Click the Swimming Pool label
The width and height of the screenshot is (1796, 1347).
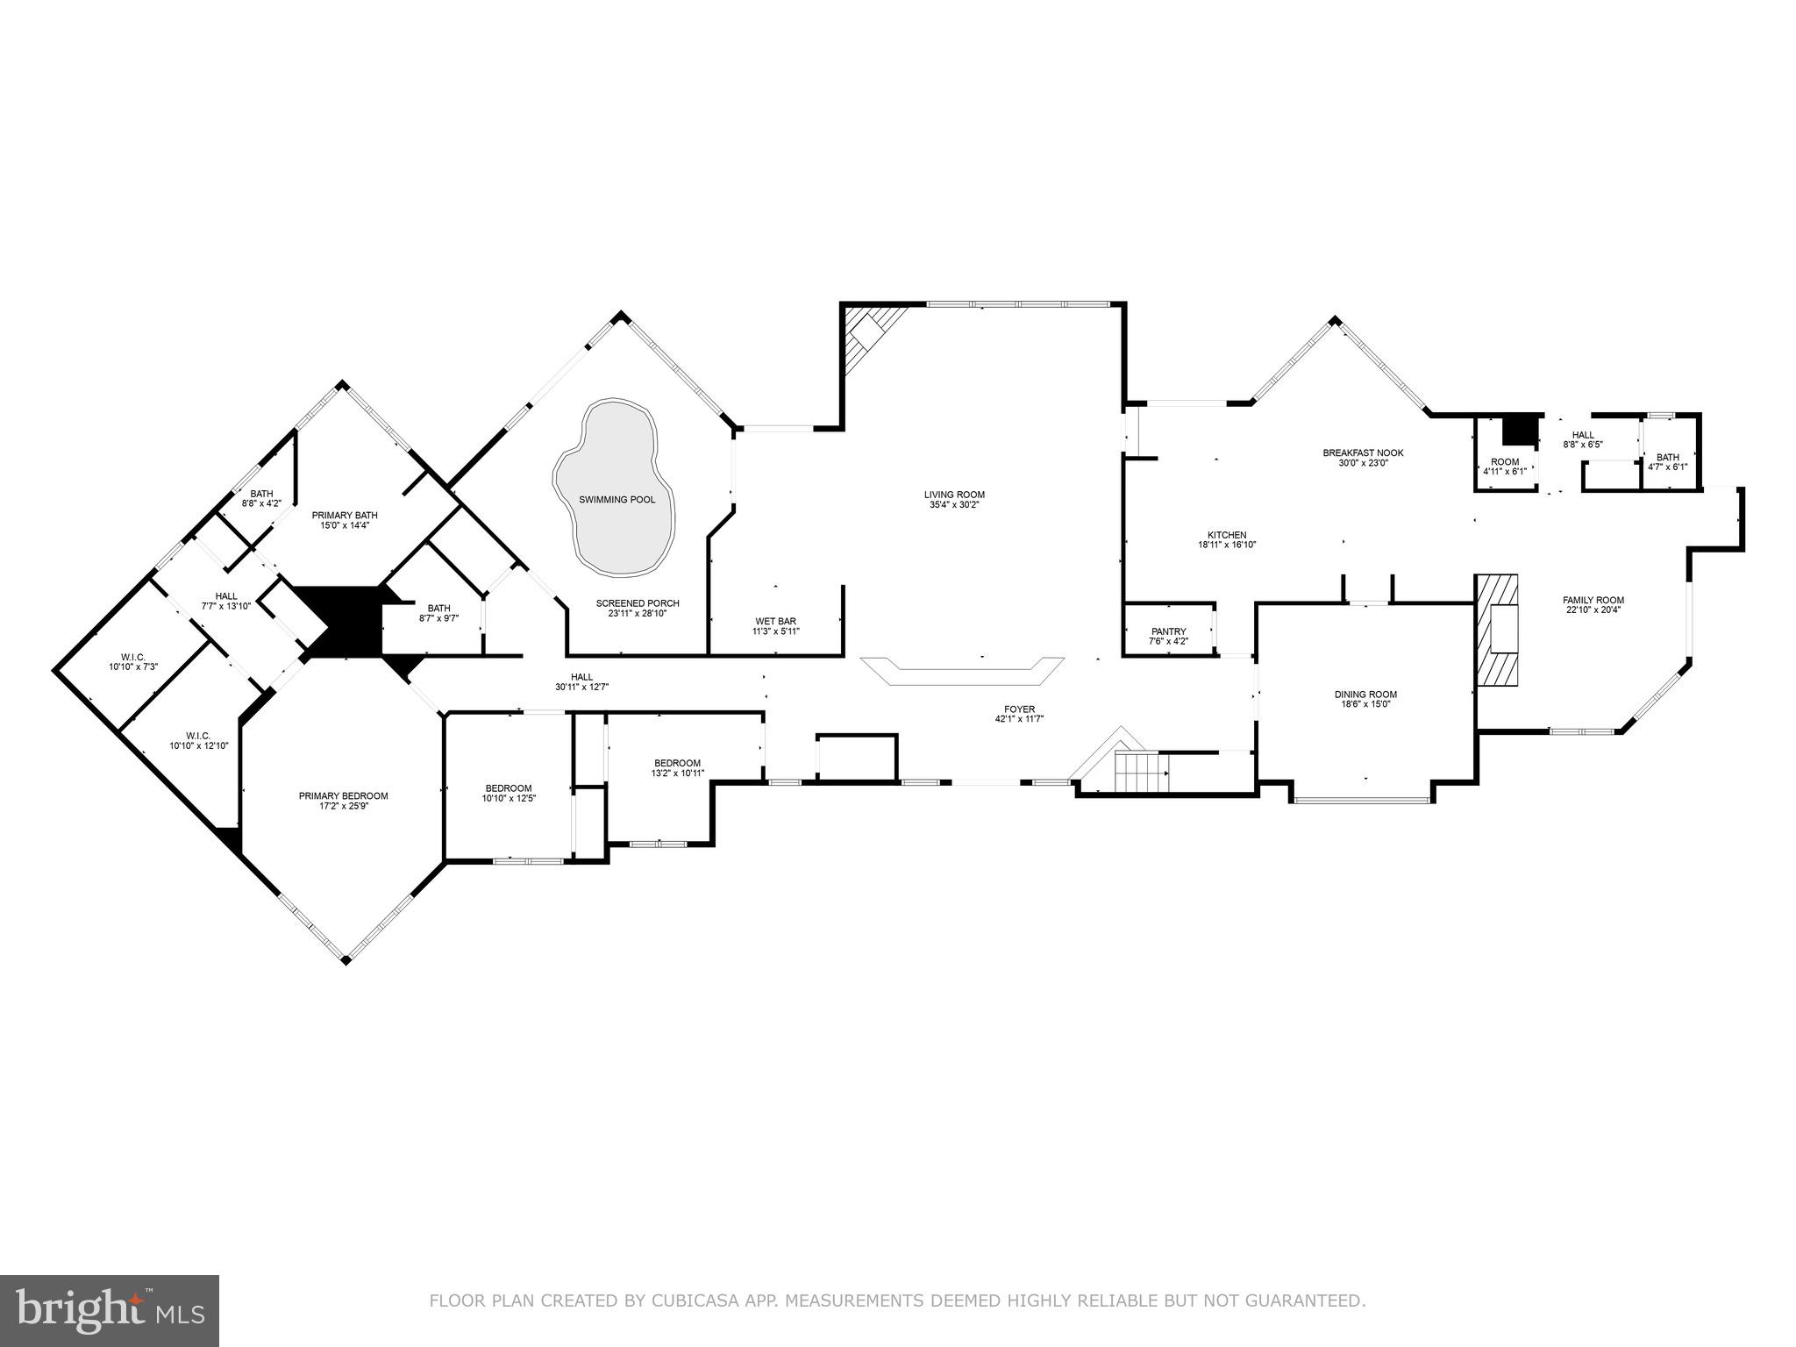coord(616,500)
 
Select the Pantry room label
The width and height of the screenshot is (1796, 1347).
coord(1168,631)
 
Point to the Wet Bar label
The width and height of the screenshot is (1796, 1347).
coord(775,621)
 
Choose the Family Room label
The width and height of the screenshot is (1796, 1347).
coord(1593,601)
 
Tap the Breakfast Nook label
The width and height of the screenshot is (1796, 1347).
coord(1363,453)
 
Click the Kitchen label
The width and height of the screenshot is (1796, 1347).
coord(1227,535)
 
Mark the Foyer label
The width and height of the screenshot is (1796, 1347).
coord(1019,709)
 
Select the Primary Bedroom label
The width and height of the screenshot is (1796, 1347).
coord(343,796)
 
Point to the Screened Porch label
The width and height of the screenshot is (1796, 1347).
coord(638,603)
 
